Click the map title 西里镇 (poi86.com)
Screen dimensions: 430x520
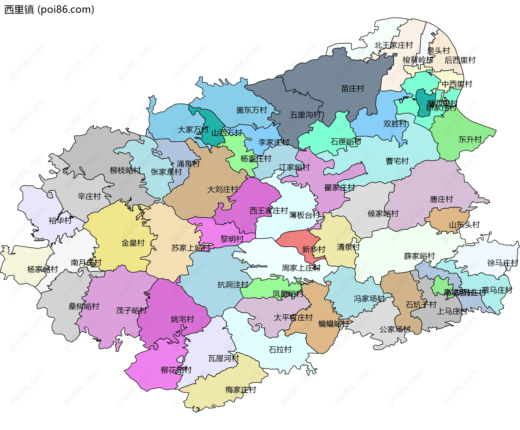tap(49, 10)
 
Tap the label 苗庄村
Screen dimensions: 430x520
tap(352, 89)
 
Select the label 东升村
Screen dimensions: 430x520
tap(470, 139)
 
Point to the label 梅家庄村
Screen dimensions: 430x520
tap(240, 390)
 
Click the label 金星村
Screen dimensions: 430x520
tap(133, 243)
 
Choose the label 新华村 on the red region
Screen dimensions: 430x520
tap(313, 249)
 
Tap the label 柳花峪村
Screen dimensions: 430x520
tap(176, 370)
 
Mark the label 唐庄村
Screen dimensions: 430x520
tap(441, 199)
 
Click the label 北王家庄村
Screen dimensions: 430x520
tap(393, 45)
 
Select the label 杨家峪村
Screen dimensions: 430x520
tap(43, 269)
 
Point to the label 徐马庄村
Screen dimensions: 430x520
tap(502, 263)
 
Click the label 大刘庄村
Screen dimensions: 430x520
tap(222, 189)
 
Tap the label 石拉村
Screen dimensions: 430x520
tap(280, 350)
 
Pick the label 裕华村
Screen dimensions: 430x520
tap(60, 220)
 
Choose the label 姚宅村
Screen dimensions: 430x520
tap(182, 319)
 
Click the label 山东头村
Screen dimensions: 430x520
tap(464, 225)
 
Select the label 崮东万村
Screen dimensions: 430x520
tap(252, 110)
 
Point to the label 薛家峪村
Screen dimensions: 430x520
tap(419, 256)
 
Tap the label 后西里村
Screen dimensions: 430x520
tap(460, 60)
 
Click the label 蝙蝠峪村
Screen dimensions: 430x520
tap(333, 324)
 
